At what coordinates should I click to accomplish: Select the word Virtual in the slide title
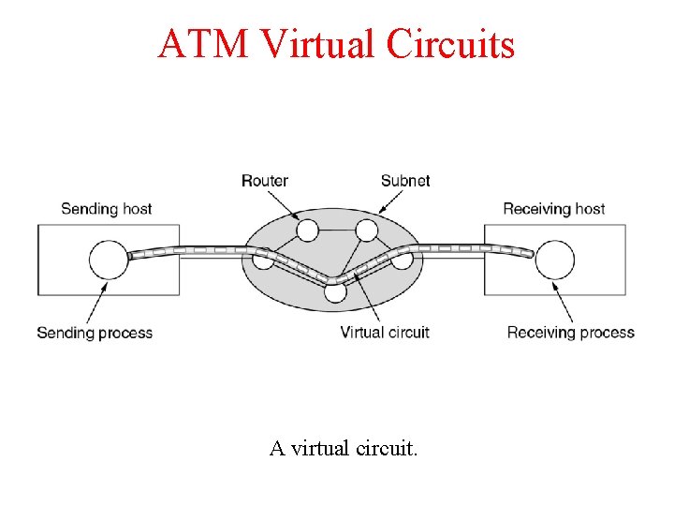coord(309,44)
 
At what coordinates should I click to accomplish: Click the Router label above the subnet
coord(265,181)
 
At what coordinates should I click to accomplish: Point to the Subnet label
coord(405,181)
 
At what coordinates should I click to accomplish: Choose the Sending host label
coord(106,209)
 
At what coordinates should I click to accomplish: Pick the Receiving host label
coord(554,209)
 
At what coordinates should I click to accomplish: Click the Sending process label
coord(95,333)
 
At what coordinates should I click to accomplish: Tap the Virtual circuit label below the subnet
coord(385,333)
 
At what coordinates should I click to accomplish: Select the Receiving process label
coord(571,333)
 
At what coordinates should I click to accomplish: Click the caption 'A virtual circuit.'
coord(344,449)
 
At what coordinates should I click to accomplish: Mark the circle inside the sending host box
coord(108,260)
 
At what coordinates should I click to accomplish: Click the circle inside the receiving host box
coord(555,260)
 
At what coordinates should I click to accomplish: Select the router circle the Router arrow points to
coord(307,230)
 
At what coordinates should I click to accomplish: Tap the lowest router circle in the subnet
coord(335,291)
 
